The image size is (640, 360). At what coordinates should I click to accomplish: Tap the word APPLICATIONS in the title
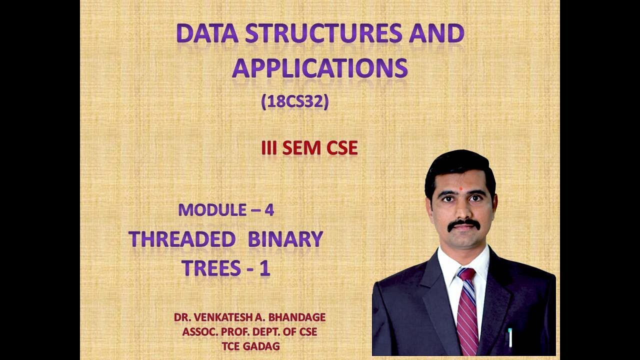pos(319,68)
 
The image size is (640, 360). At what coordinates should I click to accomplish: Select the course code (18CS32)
pos(294,102)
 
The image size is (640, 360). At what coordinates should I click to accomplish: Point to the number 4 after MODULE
pos(269,210)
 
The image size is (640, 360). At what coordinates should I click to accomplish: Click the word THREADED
pos(182,239)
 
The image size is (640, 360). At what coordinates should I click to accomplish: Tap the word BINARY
pos(285,239)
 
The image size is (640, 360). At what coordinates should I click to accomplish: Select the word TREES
pos(211,268)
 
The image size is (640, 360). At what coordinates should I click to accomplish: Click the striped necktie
pos(467,310)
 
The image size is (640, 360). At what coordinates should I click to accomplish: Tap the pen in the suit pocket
pos(510,338)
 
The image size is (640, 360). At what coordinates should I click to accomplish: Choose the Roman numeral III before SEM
pos(270,148)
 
